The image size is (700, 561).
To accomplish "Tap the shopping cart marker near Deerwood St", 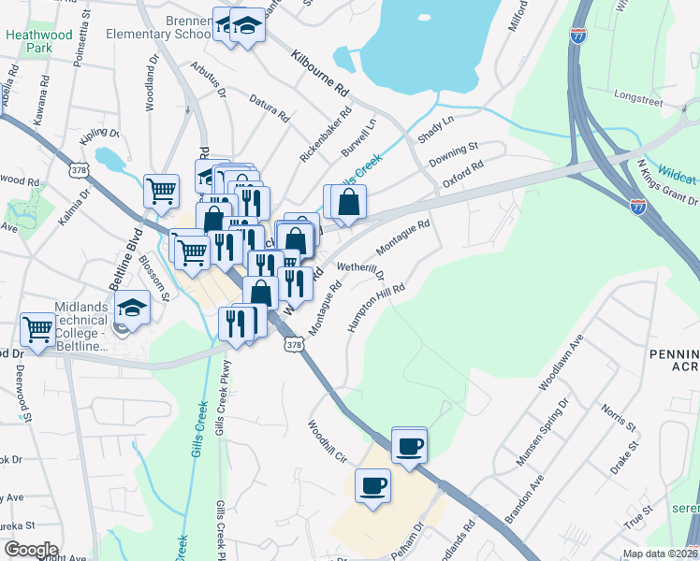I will click(x=38, y=329).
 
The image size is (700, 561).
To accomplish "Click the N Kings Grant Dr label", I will click(x=667, y=182).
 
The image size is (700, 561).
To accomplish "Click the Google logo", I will click(x=31, y=550).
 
